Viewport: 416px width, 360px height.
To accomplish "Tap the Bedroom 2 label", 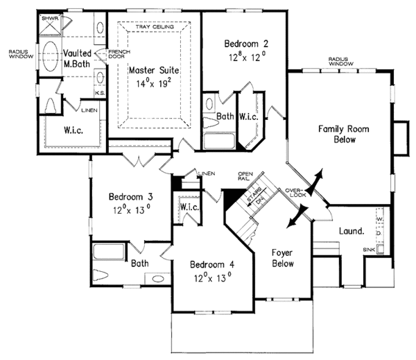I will click(246, 44).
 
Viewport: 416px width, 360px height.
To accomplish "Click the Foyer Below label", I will click(281, 258).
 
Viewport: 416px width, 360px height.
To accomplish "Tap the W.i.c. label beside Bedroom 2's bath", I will click(249, 116).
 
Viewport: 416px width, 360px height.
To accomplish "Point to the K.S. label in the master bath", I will click(99, 92).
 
